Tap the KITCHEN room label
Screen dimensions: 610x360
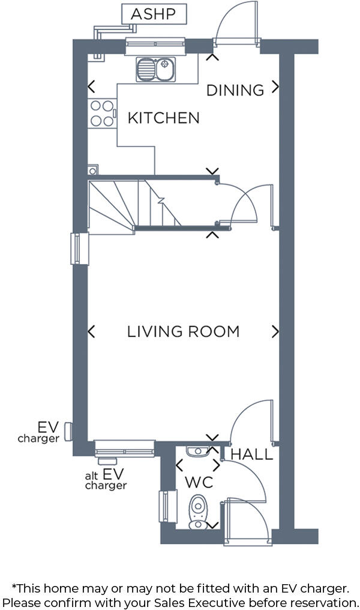[163, 118]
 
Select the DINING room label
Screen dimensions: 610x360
[235, 90]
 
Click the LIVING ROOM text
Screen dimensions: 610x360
[183, 331]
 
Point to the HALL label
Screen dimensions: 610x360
[251, 454]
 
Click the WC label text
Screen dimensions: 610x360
[199, 482]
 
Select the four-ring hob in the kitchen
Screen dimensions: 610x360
[101, 113]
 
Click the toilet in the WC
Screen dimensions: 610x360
[197, 512]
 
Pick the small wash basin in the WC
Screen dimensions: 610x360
[197, 451]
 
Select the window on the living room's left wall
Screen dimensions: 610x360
[79, 249]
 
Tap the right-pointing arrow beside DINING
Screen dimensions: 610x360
[275, 87]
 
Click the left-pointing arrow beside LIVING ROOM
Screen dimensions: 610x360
[92, 331]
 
